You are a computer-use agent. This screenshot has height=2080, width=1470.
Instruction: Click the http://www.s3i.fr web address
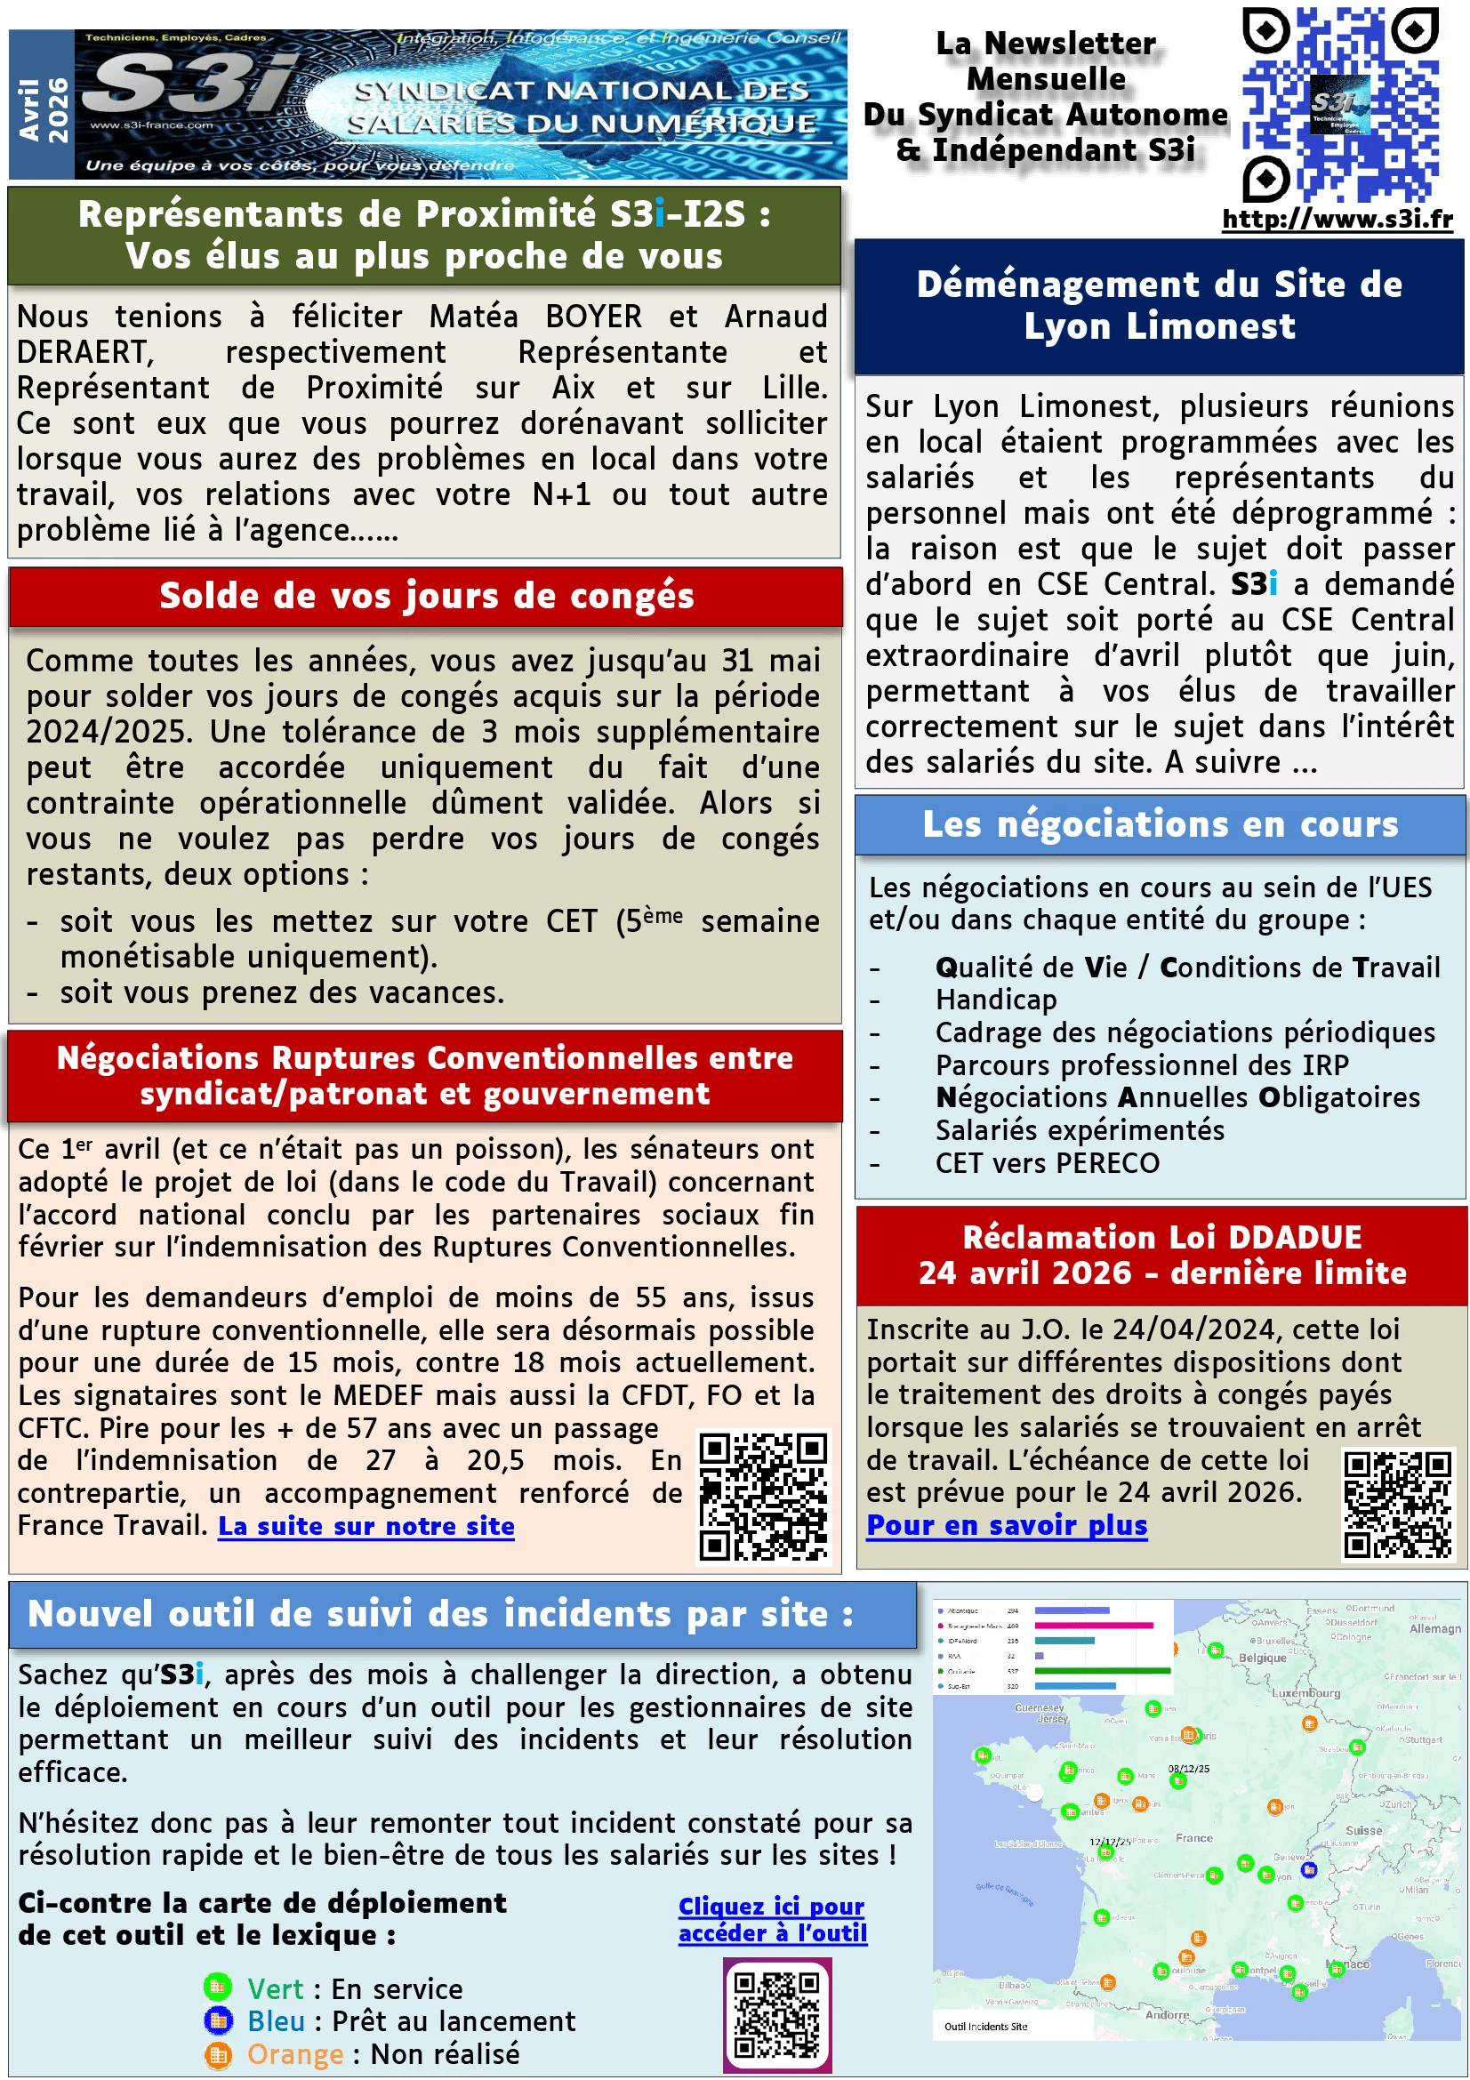[x=1337, y=221]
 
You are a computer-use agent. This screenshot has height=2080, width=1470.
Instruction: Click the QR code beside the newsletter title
[x=1339, y=104]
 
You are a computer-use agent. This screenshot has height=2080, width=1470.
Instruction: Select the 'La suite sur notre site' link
[x=365, y=1527]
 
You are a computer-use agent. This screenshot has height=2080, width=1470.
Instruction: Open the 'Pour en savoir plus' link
[x=1007, y=1526]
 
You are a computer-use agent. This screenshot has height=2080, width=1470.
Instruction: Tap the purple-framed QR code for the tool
[x=777, y=2015]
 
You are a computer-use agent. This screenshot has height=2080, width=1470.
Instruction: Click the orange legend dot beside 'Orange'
[x=217, y=2053]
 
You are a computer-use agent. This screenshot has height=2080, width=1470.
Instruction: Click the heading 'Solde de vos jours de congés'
[x=427, y=596]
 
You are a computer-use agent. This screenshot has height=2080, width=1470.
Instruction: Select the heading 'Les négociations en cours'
[x=1161, y=824]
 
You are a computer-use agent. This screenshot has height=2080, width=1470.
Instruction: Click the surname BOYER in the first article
[x=593, y=317]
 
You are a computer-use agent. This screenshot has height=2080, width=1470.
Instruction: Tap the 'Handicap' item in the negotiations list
[x=995, y=1000]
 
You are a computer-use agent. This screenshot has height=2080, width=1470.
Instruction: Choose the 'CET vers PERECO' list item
[x=1047, y=1163]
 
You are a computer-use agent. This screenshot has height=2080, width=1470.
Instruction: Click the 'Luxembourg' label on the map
[x=1305, y=1692]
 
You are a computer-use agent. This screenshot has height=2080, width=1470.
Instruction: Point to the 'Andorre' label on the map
[x=1167, y=2014]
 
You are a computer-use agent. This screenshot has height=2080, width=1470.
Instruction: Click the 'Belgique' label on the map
[x=1263, y=1657]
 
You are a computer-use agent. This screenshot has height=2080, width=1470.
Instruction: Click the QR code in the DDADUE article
[x=1398, y=1505]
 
